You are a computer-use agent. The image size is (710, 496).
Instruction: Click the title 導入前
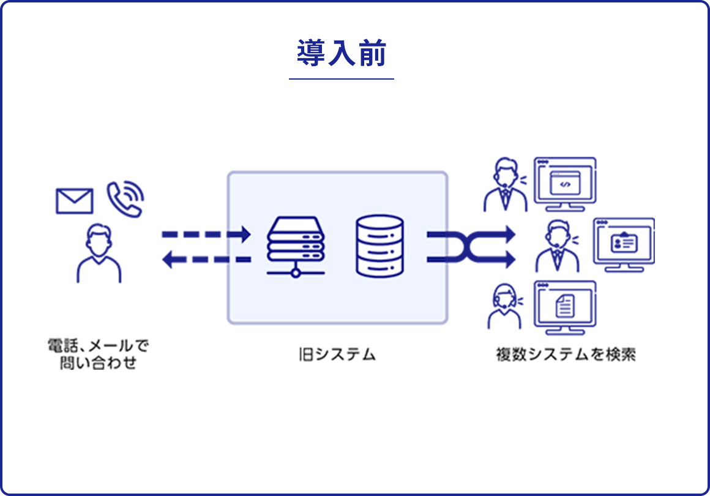(x=341, y=53)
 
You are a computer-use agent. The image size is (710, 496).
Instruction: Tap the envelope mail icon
(x=74, y=201)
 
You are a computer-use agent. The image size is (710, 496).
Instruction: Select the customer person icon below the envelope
(x=99, y=253)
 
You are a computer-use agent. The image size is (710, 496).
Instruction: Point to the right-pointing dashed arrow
(x=206, y=235)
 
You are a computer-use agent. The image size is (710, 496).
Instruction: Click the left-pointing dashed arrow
(x=206, y=260)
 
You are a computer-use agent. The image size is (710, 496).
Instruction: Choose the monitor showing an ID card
(x=624, y=242)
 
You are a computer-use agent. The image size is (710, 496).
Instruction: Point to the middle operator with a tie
(x=557, y=246)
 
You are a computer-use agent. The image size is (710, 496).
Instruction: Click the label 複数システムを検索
(x=566, y=355)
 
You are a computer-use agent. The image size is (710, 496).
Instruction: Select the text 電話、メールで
(x=98, y=346)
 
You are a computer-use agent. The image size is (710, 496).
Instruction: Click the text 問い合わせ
(x=98, y=364)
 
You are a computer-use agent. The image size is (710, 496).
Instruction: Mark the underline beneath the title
(x=341, y=79)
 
